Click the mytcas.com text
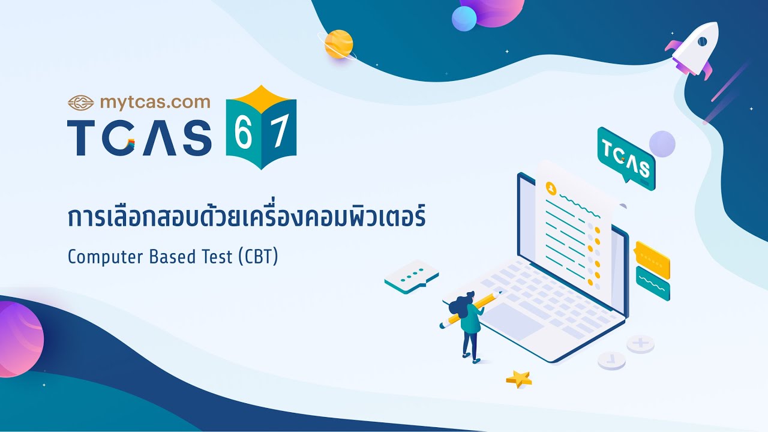point(155,102)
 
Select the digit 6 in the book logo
point(243,136)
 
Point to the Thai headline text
point(247,217)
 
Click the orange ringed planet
point(338,44)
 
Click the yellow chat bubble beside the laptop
point(652,259)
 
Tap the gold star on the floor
point(519,378)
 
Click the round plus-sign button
point(640,344)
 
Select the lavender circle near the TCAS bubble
point(662,144)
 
